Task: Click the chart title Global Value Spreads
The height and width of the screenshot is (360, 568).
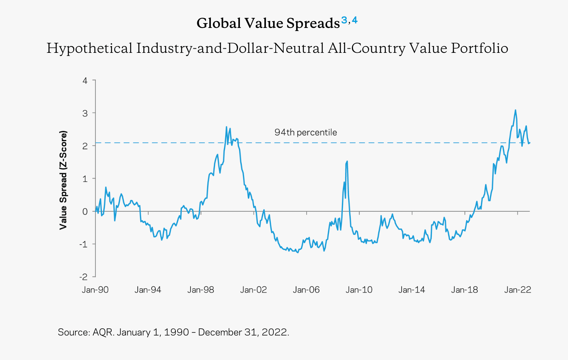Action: tap(268, 23)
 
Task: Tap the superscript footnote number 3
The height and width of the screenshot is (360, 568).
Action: tap(344, 20)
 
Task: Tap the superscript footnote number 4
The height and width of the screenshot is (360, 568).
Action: tap(355, 20)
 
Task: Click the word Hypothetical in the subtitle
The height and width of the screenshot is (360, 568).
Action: tap(89, 48)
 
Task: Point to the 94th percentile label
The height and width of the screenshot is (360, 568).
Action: tap(305, 132)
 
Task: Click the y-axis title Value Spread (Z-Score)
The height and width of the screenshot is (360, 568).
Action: tap(63, 180)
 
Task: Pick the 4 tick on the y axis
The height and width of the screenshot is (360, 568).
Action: tap(85, 80)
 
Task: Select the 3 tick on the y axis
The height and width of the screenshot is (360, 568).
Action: tap(85, 113)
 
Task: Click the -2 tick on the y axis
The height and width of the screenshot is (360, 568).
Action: tap(83, 277)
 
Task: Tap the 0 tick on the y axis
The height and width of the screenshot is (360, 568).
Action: tap(85, 211)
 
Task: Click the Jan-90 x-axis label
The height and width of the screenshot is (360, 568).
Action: tap(95, 290)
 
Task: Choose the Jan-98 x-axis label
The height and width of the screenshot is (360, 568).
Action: tap(201, 290)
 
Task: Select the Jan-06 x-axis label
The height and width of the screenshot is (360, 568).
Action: tap(306, 290)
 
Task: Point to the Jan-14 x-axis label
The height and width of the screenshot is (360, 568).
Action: tap(411, 290)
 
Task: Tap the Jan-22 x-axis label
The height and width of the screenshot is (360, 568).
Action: tap(517, 290)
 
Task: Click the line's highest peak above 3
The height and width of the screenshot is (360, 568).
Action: tap(515, 110)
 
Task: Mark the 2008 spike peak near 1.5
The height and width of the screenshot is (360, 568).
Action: tap(347, 161)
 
